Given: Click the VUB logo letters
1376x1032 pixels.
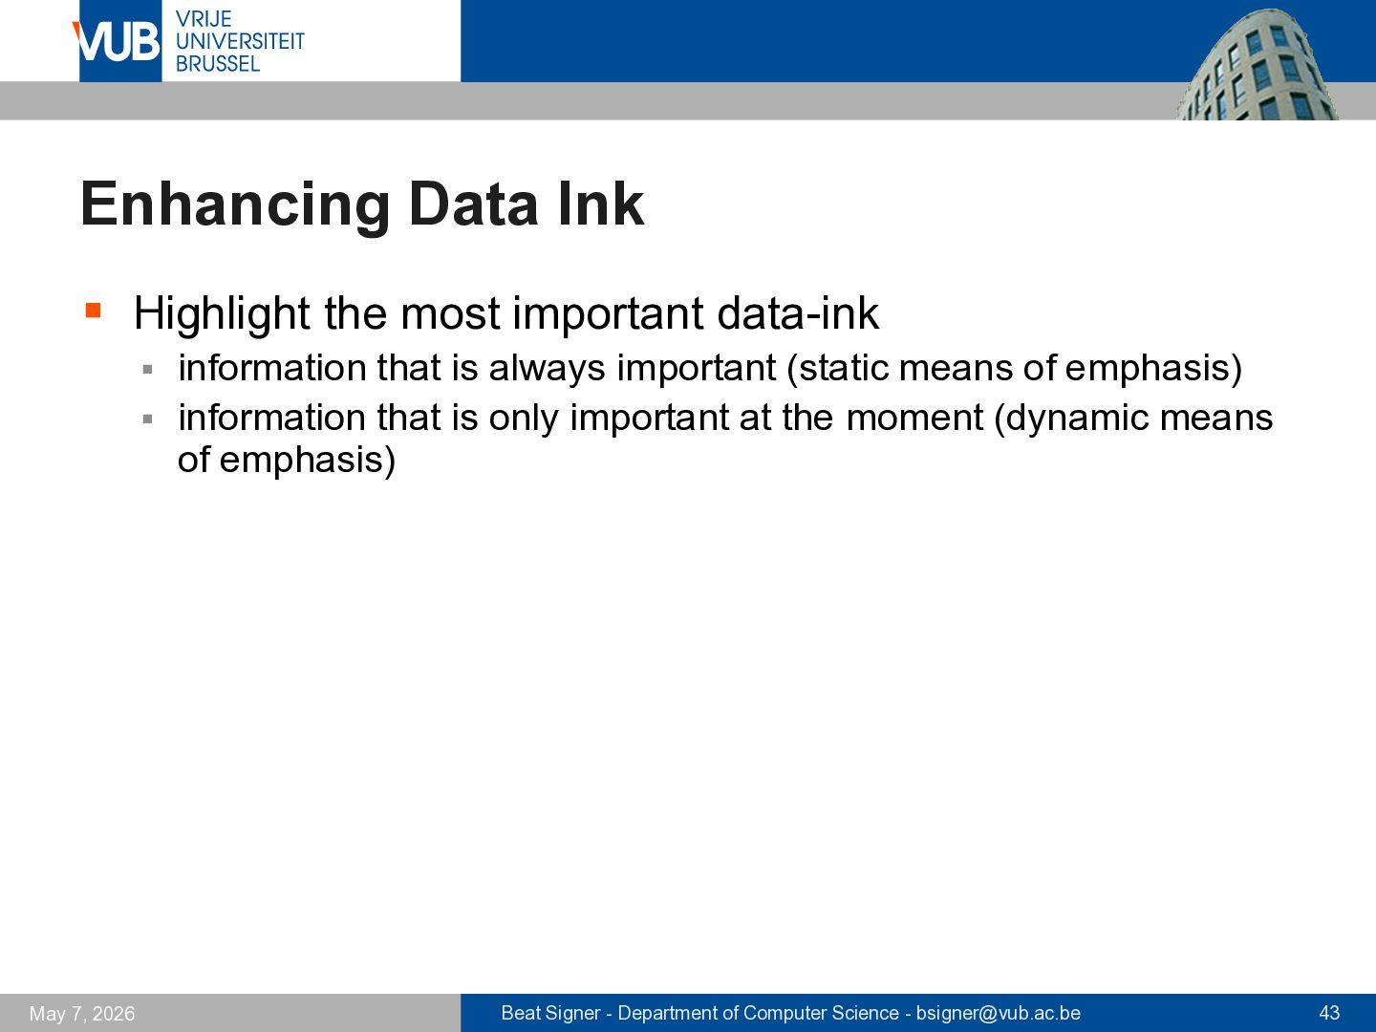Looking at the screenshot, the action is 117,42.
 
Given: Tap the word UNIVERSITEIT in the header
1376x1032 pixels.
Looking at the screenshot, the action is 240,41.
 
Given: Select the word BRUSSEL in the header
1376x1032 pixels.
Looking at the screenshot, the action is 218,64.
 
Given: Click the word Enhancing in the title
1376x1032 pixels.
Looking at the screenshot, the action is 235,205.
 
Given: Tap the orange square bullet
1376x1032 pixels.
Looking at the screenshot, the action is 94,311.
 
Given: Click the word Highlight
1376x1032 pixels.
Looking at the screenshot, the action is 222,314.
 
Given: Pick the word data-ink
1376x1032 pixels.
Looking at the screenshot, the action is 798,313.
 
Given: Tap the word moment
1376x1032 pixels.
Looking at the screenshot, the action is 914,419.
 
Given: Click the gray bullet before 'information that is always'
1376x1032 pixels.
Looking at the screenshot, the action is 148,370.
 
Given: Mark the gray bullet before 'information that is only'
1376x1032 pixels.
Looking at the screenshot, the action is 148,419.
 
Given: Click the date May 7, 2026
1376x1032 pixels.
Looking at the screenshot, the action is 82,1013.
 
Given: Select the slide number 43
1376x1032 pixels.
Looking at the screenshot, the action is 1329,1013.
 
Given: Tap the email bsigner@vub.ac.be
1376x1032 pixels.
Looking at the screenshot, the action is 998,1013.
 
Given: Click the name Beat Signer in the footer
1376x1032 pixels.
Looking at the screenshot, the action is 550,1013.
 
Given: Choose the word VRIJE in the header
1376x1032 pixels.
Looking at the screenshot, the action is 204,19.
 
